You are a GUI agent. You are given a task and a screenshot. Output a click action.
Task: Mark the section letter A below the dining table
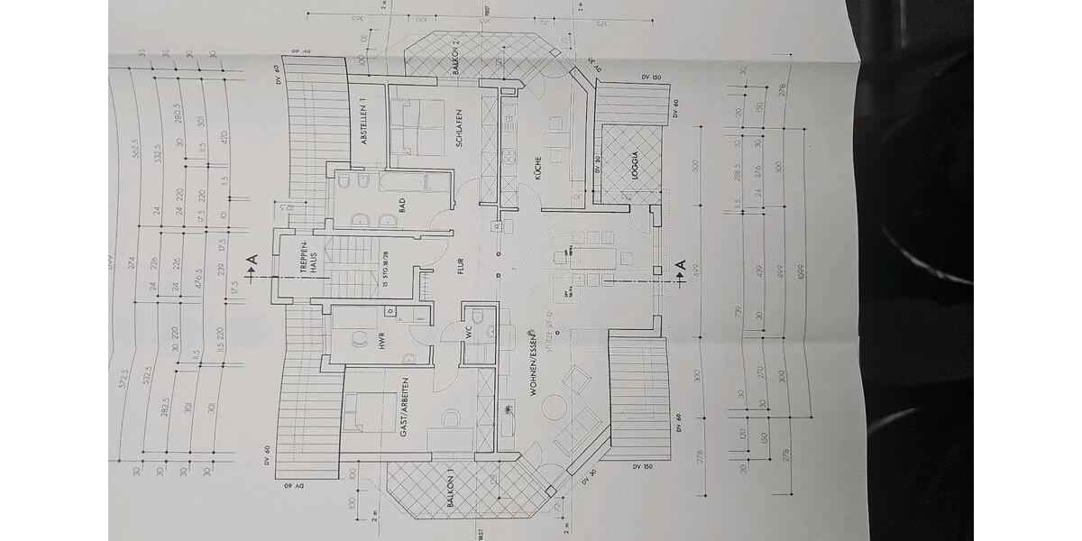click(x=681, y=266)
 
